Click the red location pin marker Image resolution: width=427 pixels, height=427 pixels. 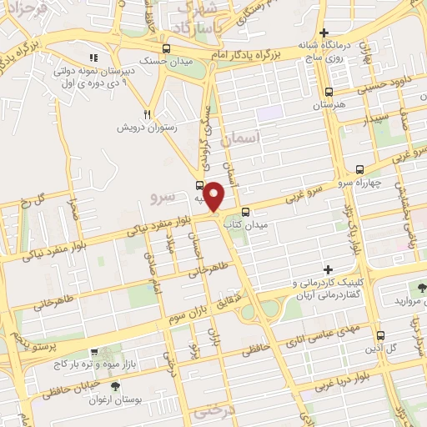pos(214,195)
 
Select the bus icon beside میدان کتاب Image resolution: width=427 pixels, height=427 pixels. pos(247,211)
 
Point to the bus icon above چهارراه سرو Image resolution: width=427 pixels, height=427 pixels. pos(359,168)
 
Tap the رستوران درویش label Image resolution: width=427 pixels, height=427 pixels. pos(148,128)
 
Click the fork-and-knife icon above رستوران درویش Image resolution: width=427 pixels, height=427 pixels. pos(148,114)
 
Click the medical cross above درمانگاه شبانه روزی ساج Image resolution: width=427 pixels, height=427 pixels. pos(336,33)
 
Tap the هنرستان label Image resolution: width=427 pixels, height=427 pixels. pos(328,107)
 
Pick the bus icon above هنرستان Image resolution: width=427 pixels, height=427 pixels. pos(329,93)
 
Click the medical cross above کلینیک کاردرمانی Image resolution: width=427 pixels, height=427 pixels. pos(329,269)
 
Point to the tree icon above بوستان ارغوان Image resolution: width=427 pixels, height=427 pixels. pos(115,386)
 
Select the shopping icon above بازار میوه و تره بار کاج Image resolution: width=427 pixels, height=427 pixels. pos(94,352)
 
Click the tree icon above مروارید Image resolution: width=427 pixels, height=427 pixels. pos(422,286)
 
